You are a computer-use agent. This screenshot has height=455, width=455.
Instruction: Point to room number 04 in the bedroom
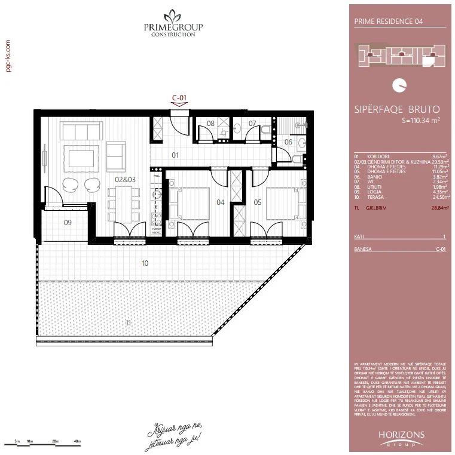[x=220, y=202]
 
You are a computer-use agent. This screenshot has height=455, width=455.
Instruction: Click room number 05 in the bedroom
[x=258, y=202]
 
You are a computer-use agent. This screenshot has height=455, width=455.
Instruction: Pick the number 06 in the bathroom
[x=288, y=142]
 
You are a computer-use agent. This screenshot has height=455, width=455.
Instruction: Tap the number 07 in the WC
[x=252, y=124]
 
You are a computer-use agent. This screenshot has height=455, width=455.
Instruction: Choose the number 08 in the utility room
[x=210, y=124]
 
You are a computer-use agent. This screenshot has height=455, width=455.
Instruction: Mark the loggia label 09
[x=68, y=223]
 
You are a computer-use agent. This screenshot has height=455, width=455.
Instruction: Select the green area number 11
[x=128, y=322]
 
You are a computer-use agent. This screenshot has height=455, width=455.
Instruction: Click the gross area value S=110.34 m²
[x=421, y=121]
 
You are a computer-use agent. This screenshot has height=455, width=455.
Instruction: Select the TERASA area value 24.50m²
[x=438, y=196]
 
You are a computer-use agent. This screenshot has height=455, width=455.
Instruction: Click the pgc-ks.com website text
[x=8, y=56]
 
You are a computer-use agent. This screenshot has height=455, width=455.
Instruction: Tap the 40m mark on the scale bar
[x=77, y=441]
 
